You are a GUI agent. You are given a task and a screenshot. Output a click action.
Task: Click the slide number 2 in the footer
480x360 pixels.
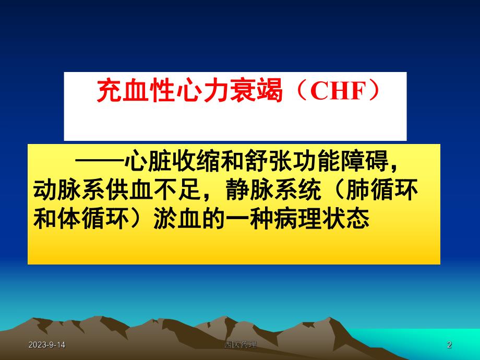tap(450, 345)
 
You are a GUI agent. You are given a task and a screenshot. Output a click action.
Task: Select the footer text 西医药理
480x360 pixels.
tap(240, 345)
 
